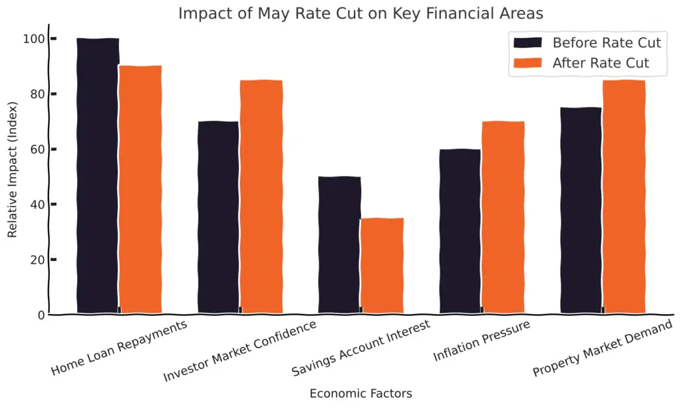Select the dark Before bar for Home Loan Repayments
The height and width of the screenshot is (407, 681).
(x=98, y=176)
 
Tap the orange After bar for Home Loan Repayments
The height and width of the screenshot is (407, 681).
(x=140, y=189)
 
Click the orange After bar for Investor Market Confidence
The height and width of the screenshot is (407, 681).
(x=261, y=197)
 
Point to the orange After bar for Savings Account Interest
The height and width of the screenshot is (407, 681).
(x=382, y=266)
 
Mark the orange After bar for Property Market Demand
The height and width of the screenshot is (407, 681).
(x=624, y=197)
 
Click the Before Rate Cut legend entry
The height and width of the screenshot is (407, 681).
(x=587, y=43)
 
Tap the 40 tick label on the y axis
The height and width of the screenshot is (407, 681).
(x=39, y=204)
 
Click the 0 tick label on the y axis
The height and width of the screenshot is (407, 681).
(x=41, y=315)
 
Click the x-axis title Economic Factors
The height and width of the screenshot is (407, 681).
(x=360, y=393)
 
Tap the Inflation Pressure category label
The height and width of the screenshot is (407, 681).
(x=482, y=342)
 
